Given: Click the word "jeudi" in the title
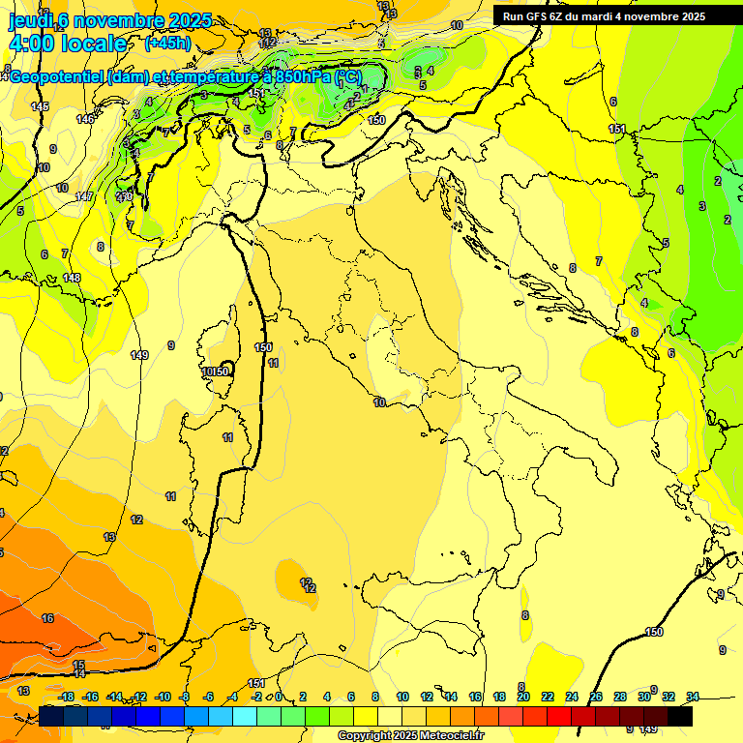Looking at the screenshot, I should click(x=29, y=20).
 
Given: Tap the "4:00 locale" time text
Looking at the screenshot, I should click(x=67, y=44).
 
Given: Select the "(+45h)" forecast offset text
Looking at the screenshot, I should click(x=167, y=44).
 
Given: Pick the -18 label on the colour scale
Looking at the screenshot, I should click(x=67, y=697).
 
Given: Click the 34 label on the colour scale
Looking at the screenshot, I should click(x=693, y=697).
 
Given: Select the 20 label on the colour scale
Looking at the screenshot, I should click(x=523, y=697).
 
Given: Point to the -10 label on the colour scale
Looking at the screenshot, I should click(x=163, y=697).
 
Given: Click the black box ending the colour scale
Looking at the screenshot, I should click(x=680, y=716).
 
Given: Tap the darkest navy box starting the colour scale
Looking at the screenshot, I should click(x=52, y=716).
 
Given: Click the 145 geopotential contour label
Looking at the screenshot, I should click(x=40, y=106).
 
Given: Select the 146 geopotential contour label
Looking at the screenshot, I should click(x=86, y=119).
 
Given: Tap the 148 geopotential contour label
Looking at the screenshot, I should click(x=72, y=278).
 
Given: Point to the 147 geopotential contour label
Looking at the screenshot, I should click(x=84, y=196).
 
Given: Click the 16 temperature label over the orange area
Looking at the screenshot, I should click(x=47, y=618).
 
